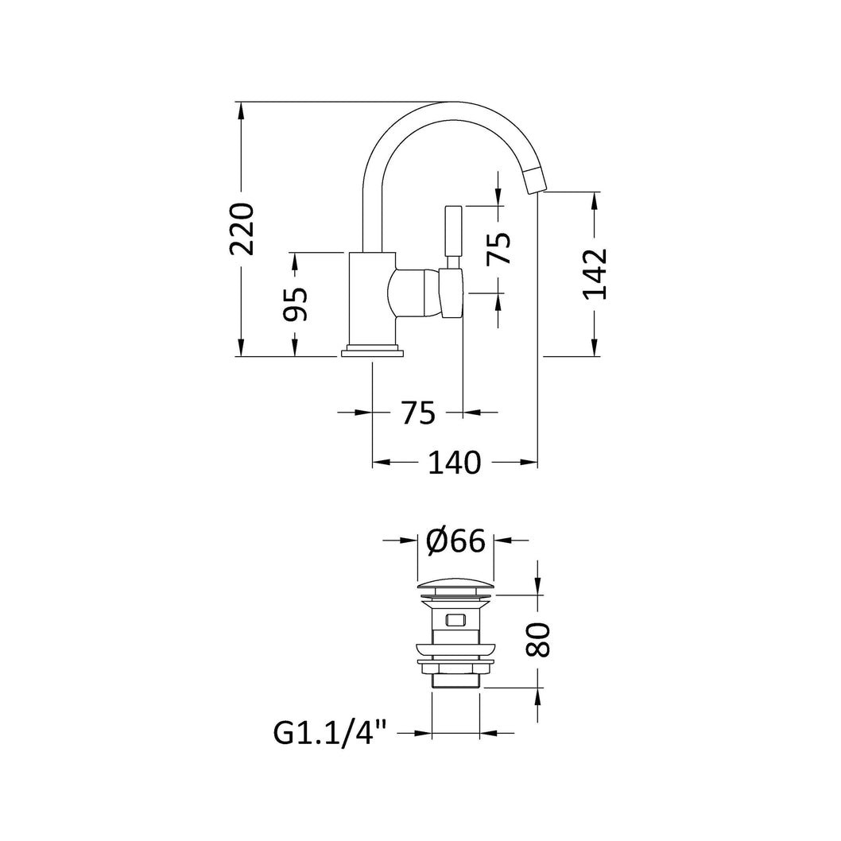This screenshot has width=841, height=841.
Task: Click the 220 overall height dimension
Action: pos(242,228)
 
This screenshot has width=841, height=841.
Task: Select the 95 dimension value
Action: pos(296,304)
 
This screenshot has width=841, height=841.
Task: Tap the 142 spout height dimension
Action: pos(595,273)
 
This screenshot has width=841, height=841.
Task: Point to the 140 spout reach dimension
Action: pos(455,463)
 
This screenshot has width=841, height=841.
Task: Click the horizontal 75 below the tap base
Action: pos(418,413)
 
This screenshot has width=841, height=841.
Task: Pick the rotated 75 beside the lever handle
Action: pos(499,249)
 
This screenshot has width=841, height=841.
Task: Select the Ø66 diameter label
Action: pos(455,541)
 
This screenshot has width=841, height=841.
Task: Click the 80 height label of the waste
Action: pos(538,639)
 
